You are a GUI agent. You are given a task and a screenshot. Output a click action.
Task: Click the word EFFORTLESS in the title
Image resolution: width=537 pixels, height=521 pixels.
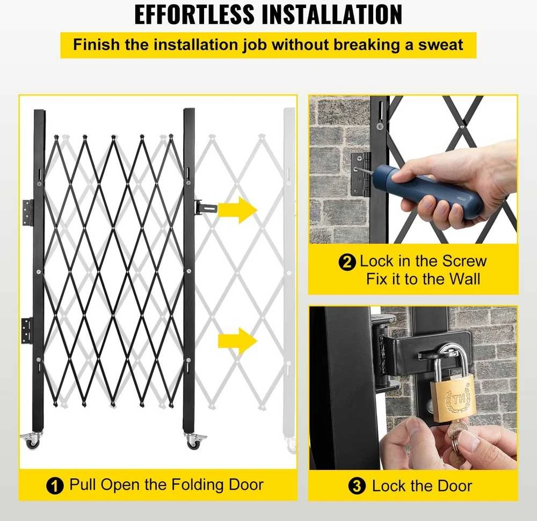(194, 15)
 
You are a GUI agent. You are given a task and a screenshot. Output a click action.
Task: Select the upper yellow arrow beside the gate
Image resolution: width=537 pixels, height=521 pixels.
(237, 209)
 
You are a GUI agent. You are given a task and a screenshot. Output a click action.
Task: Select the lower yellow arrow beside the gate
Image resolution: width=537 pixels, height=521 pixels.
(237, 341)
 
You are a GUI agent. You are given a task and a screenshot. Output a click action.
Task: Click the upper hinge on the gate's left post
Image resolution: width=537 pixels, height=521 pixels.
(28, 213)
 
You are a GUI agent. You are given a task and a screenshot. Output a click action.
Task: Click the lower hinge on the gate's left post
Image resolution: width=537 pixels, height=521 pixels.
(27, 330)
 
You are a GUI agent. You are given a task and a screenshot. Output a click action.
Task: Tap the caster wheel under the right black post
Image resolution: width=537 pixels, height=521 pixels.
(194, 441)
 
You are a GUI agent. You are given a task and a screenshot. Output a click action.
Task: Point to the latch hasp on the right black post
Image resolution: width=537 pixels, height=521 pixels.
(206, 208)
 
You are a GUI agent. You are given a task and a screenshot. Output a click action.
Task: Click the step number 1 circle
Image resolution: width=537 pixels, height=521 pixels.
(55, 486)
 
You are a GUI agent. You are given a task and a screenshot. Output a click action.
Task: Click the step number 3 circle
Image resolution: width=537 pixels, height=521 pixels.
(357, 487)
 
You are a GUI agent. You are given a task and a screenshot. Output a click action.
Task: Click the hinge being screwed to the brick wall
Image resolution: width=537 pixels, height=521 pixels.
(361, 174)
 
